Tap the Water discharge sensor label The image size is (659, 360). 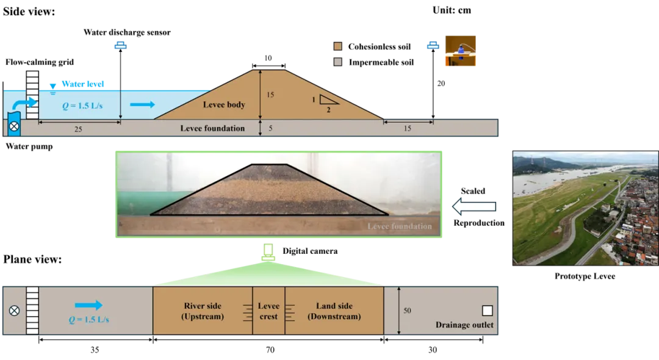click(x=127, y=32)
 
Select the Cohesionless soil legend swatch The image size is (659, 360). click(x=337, y=46)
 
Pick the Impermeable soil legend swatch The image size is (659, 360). click(x=337, y=62)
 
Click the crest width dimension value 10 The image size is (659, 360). click(x=268, y=58)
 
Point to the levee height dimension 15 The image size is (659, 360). click(x=270, y=95)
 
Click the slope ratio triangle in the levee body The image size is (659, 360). click(x=328, y=99)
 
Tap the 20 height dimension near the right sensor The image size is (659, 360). click(x=441, y=84)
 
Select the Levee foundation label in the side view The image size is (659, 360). click(x=212, y=128)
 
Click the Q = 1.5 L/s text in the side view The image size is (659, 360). click(x=82, y=106)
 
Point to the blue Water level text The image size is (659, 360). click(x=83, y=84)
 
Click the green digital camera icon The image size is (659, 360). click(x=268, y=252)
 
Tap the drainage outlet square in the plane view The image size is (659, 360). click(x=487, y=311)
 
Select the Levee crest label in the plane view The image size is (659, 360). click(x=268, y=311)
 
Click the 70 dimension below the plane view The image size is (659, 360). click(x=270, y=350)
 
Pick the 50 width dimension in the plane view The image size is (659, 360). click(x=407, y=311)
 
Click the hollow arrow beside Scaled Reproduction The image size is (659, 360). click(x=474, y=207)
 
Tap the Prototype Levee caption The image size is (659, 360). click(x=585, y=276)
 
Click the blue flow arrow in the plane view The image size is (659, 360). click(x=88, y=305)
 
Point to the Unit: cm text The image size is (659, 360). click(x=452, y=10)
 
